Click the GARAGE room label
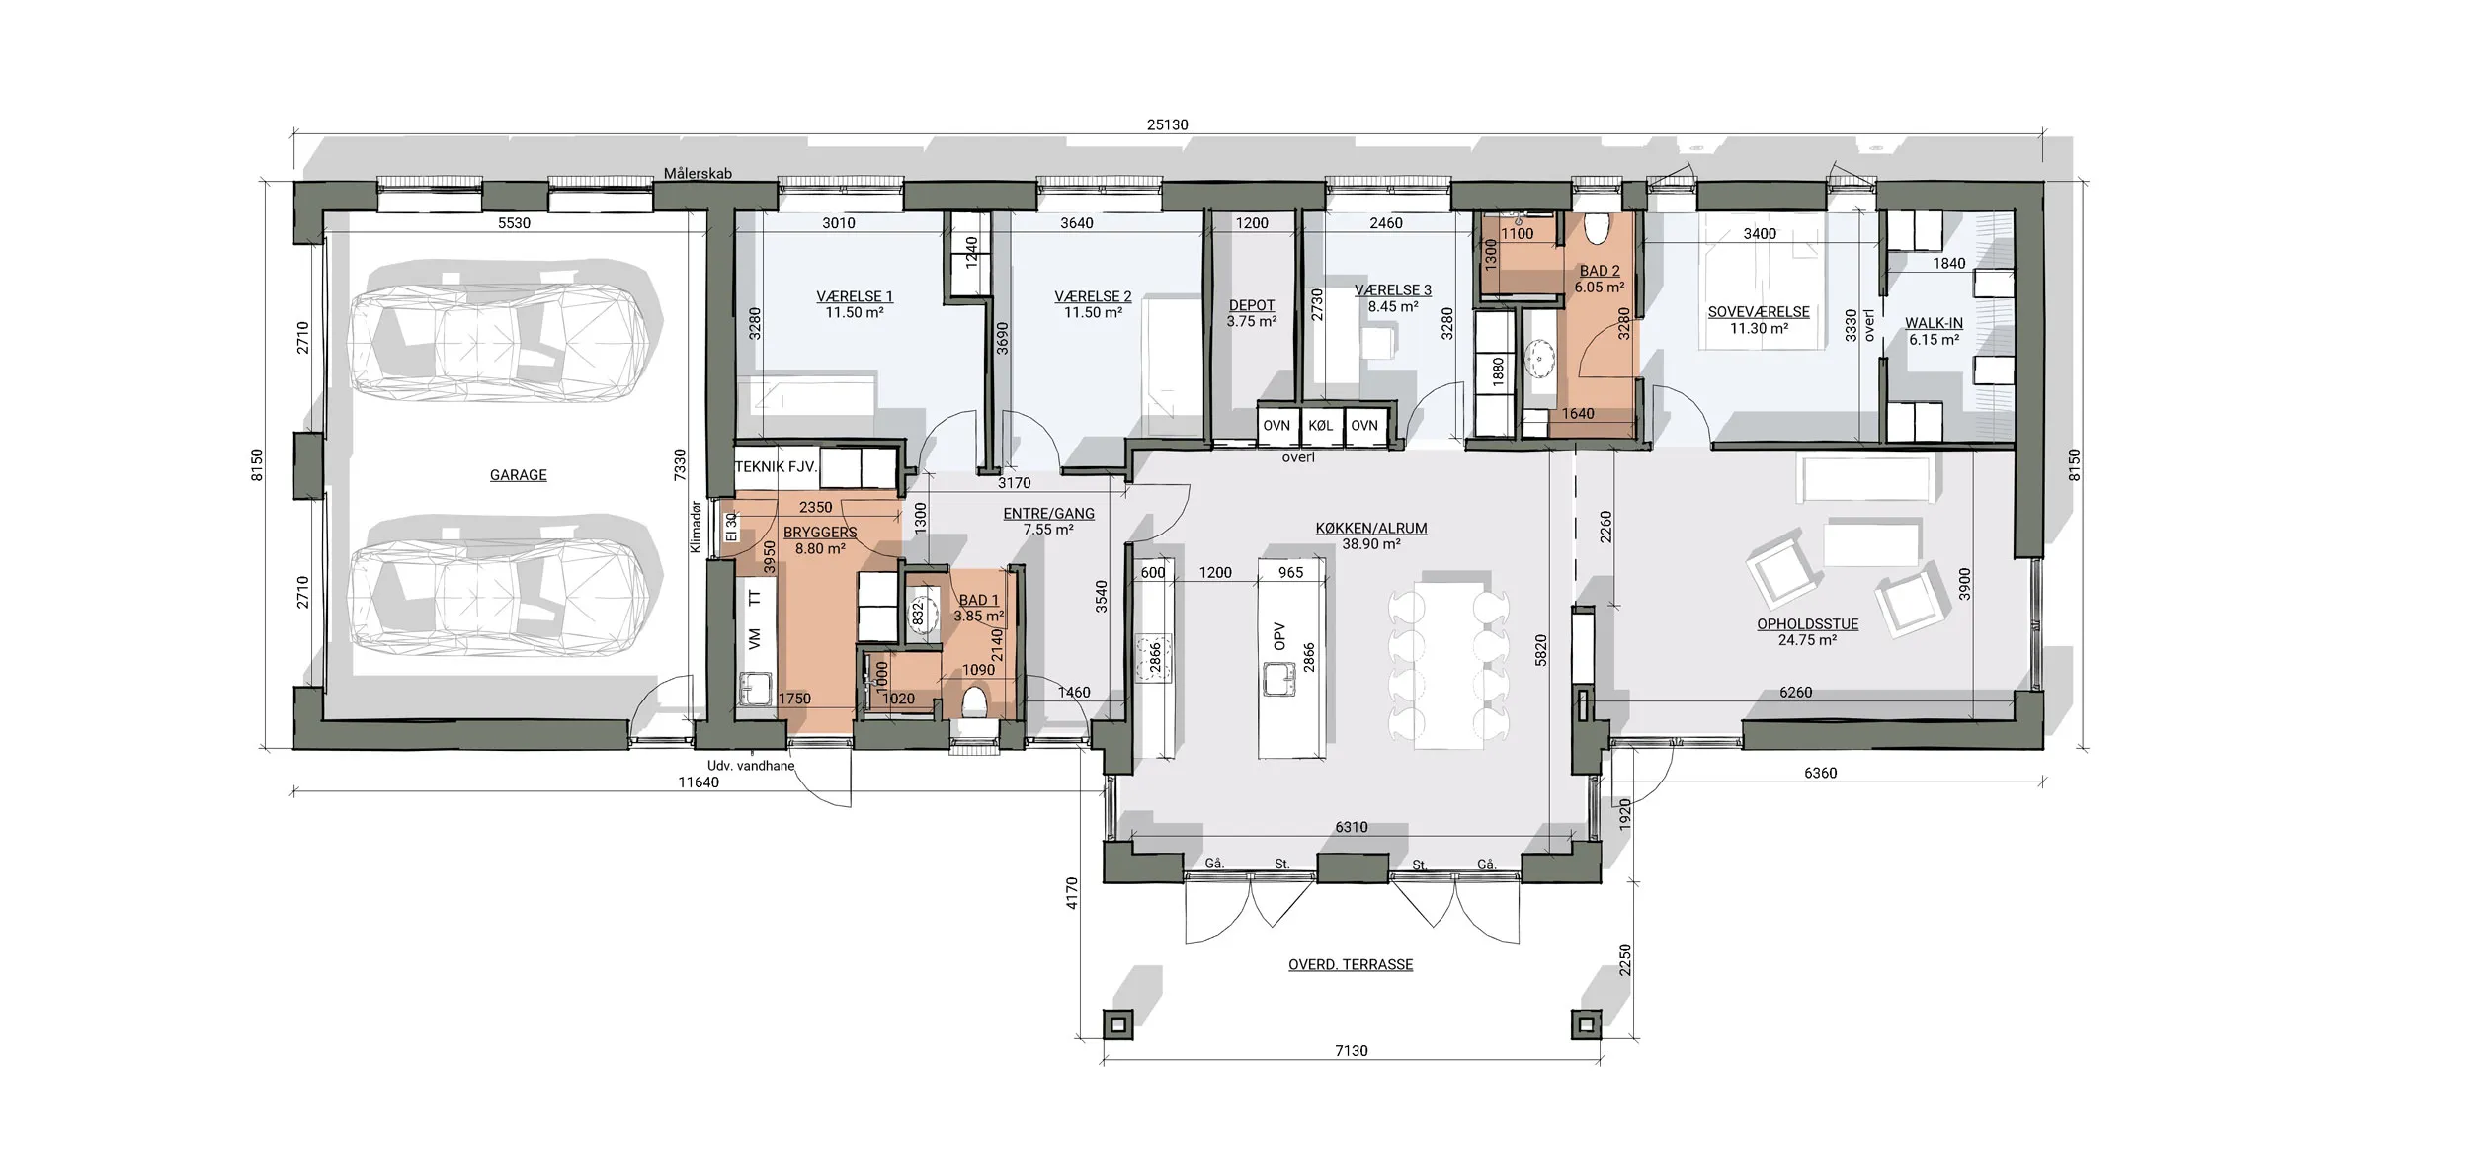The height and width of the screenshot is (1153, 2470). point(518,475)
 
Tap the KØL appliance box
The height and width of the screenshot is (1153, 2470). point(1321,426)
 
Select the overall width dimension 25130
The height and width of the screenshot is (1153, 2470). point(1167,125)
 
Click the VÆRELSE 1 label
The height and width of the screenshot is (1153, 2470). point(855,296)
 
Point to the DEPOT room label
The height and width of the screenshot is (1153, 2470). point(1252,305)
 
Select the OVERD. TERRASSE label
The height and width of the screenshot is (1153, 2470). point(1351,964)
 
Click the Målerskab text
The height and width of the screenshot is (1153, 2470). point(698,173)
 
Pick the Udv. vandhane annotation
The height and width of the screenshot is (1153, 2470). point(751,765)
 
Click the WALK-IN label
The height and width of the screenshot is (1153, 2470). point(1934,323)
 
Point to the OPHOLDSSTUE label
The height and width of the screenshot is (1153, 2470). point(1807,624)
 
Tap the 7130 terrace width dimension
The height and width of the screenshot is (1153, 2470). point(1351,1051)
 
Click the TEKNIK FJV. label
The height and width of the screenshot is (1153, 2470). point(776,467)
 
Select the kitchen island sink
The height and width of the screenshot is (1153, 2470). point(1279,679)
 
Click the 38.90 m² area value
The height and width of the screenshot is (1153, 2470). point(1371,544)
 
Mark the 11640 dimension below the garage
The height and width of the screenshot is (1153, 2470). point(699,782)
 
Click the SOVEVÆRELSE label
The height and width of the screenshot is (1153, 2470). point(1759,312)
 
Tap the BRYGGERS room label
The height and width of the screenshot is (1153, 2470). point(820,533)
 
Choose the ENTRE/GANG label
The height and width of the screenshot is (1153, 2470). point(1048,514)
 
